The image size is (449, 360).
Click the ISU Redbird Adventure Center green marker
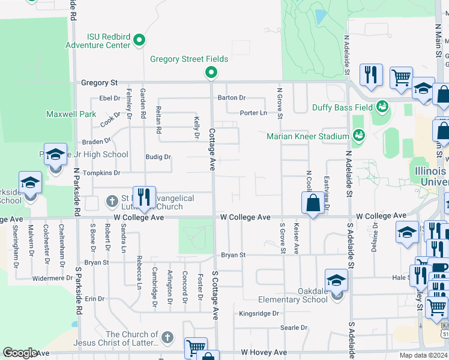[x=140, y=41]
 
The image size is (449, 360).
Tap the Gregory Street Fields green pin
[x=211, y=73]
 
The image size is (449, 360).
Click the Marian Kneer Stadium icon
[x=358, y=136]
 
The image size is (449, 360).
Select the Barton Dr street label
[x=232, y=97]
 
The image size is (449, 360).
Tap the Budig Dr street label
[x=158, y=157]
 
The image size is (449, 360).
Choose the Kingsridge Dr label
[x=259, y=313]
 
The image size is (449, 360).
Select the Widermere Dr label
[x=52, y=278]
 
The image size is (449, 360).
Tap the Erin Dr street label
[x=94, y=298]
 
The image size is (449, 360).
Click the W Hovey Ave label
[x=262, y=353]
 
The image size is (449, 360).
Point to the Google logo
[x=20, y=353]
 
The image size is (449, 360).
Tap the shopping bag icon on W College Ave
[x=313, y=204]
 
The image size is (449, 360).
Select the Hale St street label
[x=400, y=278]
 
